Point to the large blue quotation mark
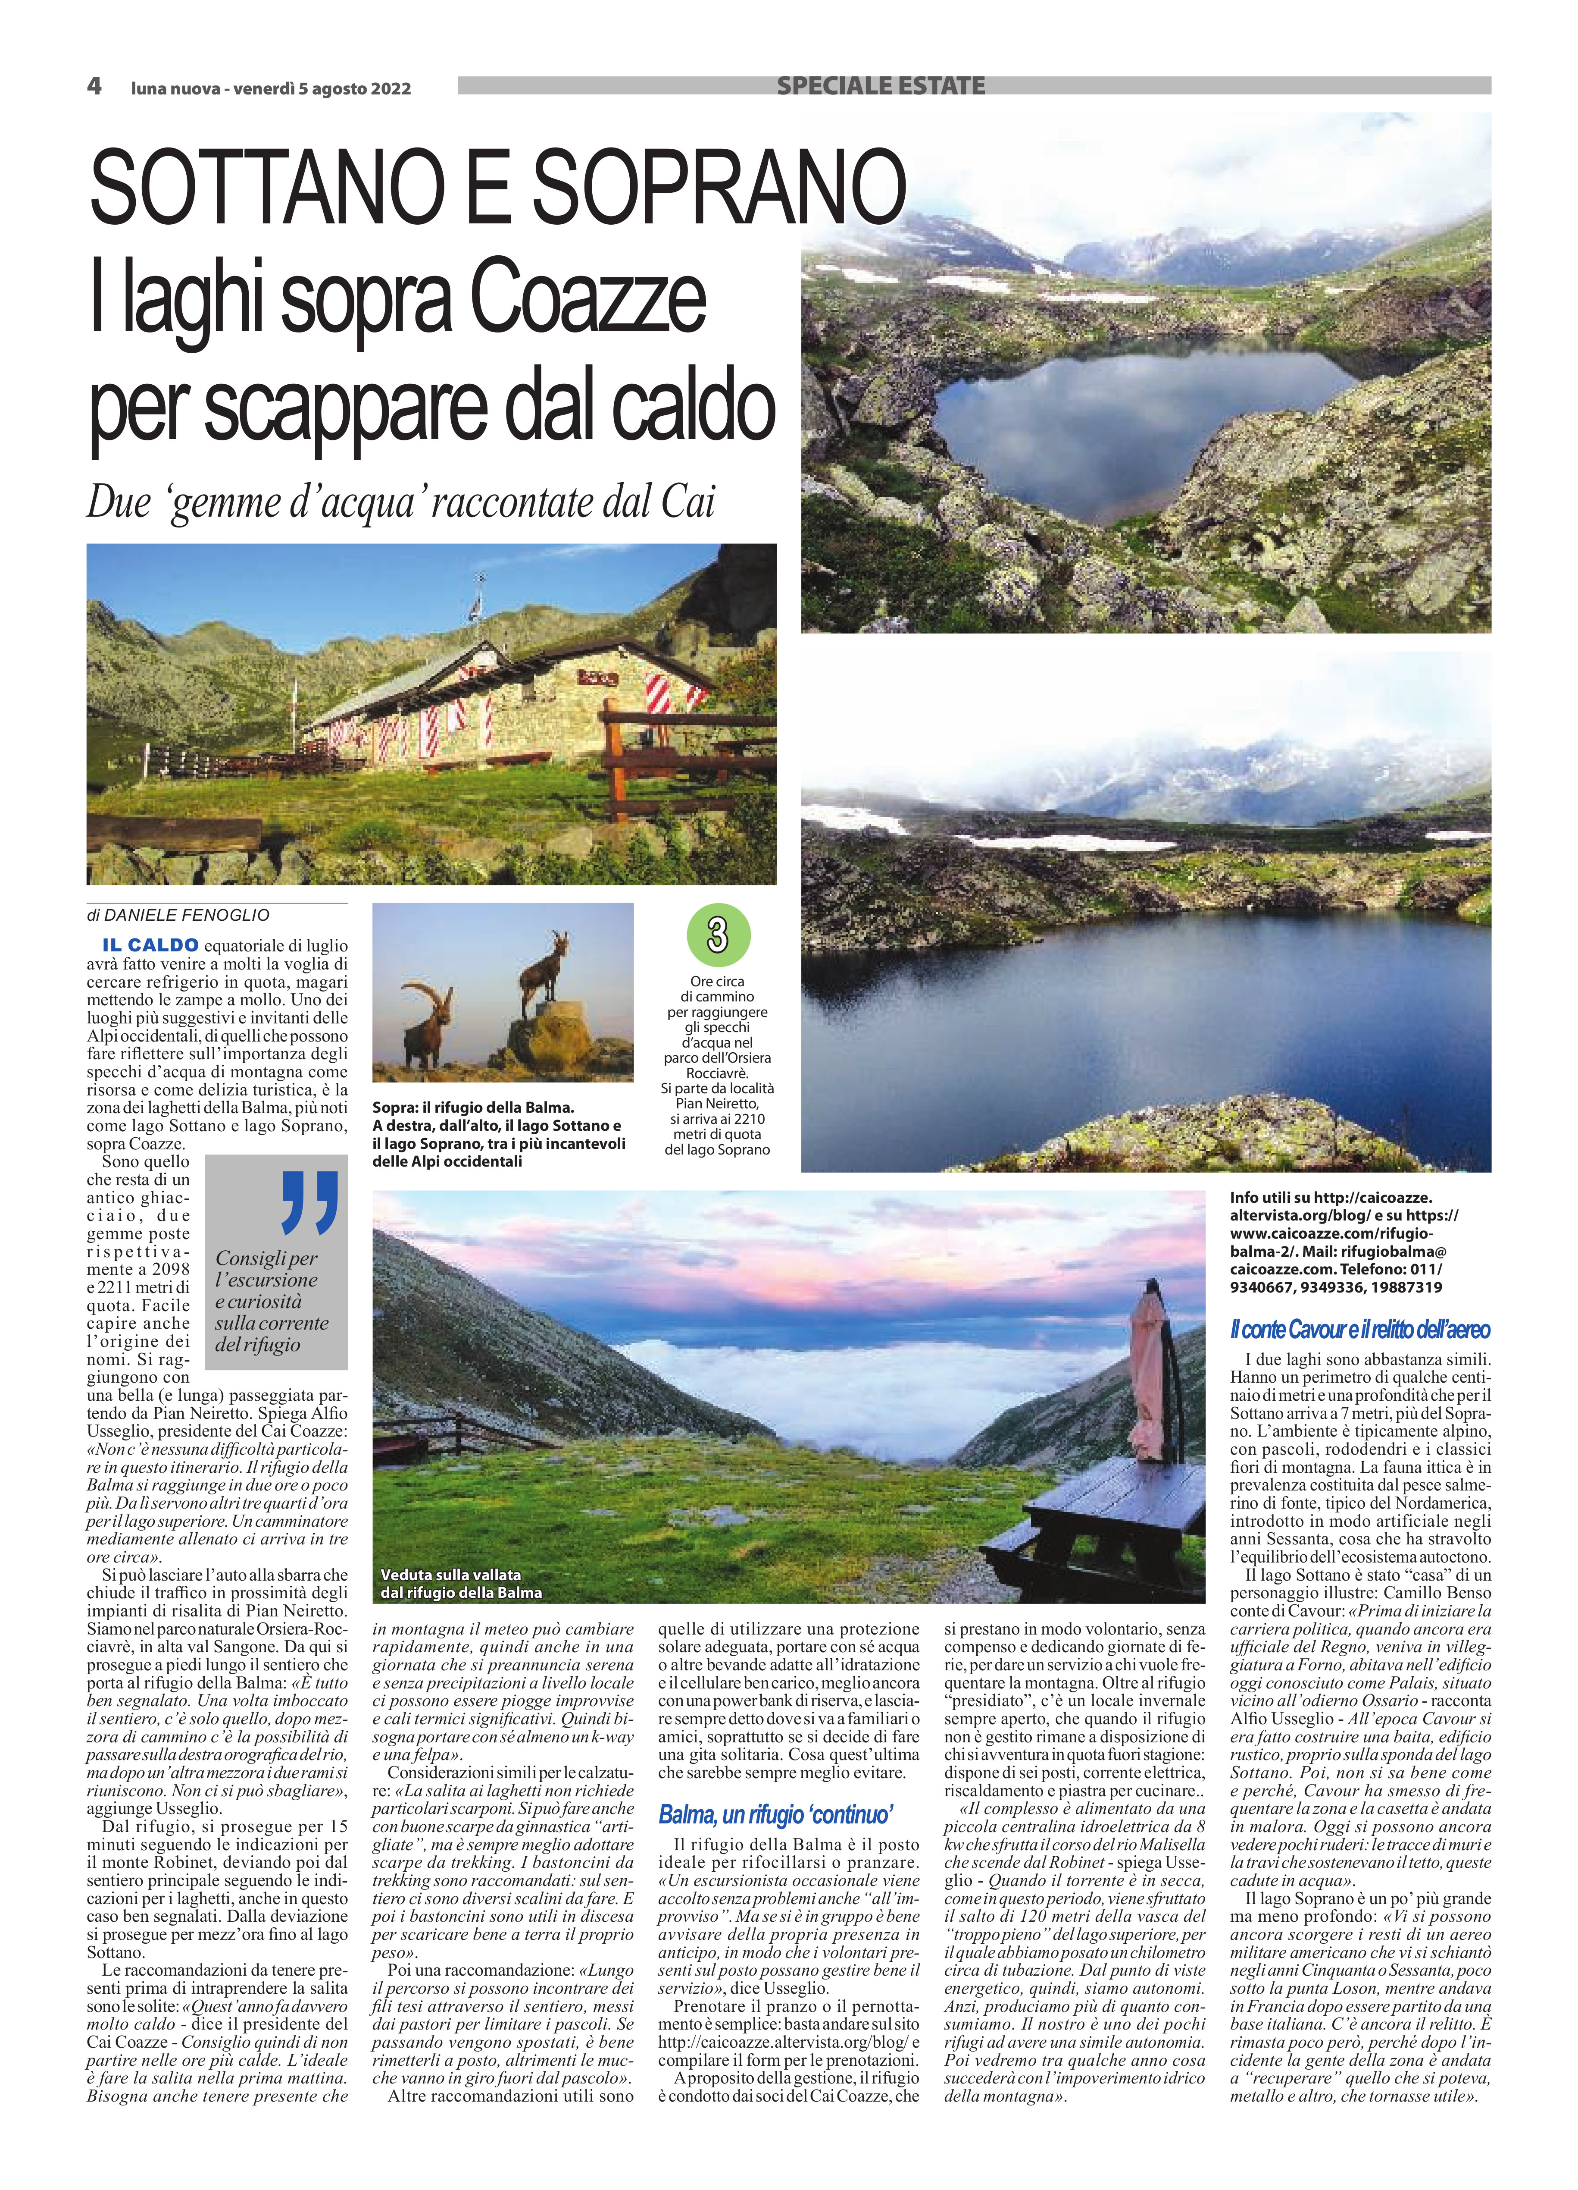(x=310, y=1202)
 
